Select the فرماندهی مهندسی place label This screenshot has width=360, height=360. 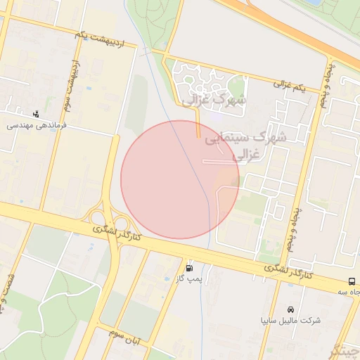[x=36, y=124]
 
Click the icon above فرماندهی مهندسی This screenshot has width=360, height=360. [x=36, y=113]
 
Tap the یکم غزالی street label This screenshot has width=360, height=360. [x=290, y=86]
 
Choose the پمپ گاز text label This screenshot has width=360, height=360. [x=190, y=279]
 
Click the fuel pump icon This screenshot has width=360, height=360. [x=190, y=268]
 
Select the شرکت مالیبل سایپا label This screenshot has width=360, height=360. [x=290, y=320]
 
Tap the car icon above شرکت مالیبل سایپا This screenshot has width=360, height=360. [x=290, y=309]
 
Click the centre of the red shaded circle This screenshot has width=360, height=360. [x=180, y=179]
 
